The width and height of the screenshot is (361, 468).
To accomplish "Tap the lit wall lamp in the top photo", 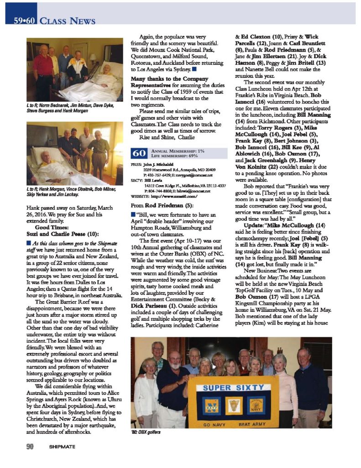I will [x=93, y=57].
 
